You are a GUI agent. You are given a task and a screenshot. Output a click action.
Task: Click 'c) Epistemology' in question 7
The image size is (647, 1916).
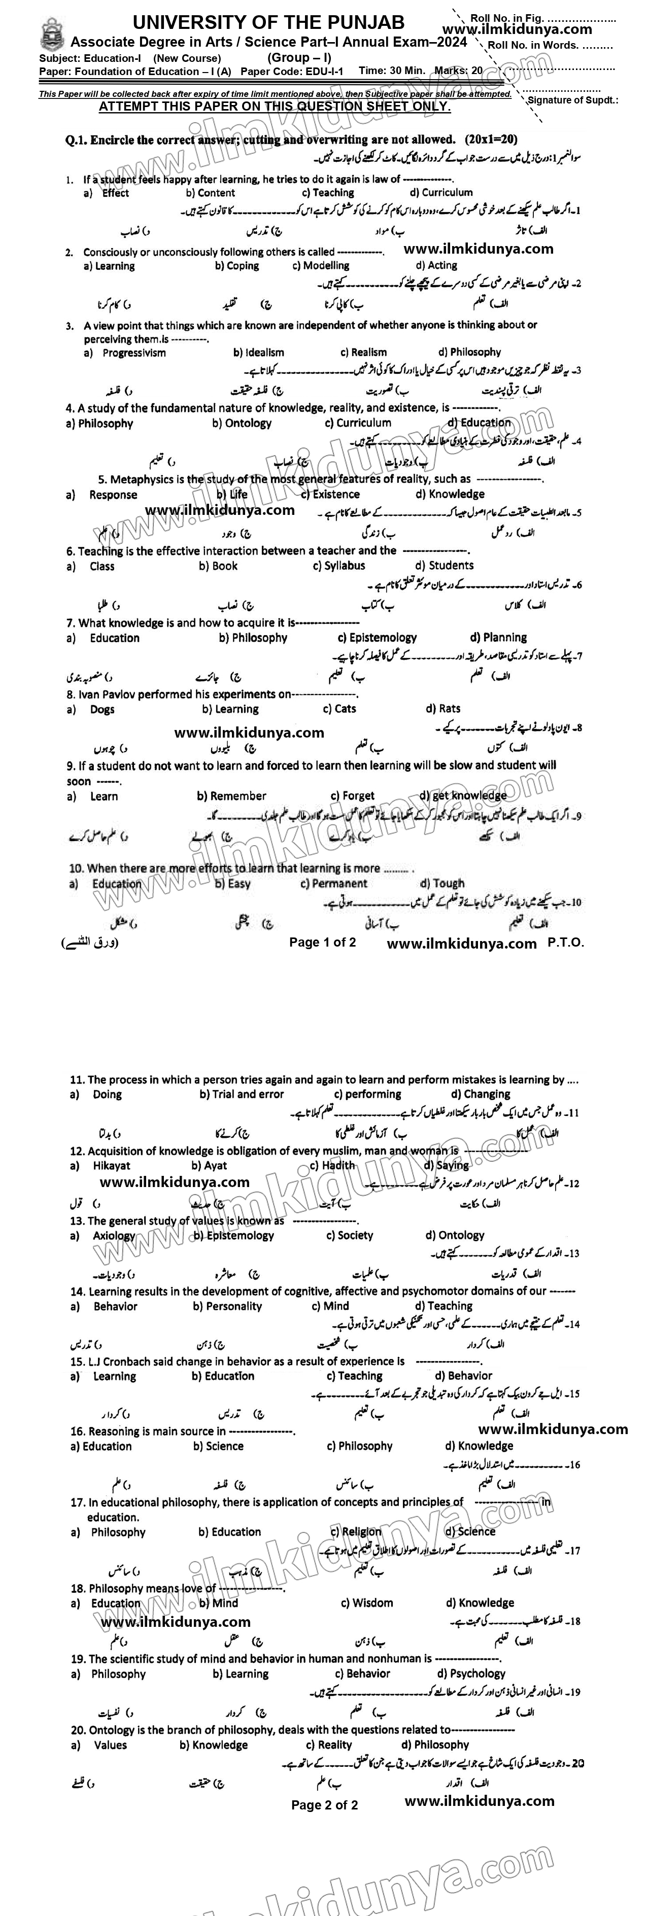point(377,638)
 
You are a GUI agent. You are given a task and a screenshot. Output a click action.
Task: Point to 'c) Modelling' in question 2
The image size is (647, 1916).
point(321,265)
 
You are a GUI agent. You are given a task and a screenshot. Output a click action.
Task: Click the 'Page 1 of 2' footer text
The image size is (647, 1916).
point(322,943)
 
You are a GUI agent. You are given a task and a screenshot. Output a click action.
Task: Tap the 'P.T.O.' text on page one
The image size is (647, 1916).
point(566,943)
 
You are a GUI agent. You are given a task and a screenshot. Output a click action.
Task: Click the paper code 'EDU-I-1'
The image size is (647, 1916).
point(325,72)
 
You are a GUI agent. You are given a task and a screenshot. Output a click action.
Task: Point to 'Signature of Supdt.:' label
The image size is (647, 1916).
point(572,99)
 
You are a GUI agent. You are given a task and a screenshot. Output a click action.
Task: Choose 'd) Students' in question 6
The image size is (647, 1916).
point(444,565)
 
